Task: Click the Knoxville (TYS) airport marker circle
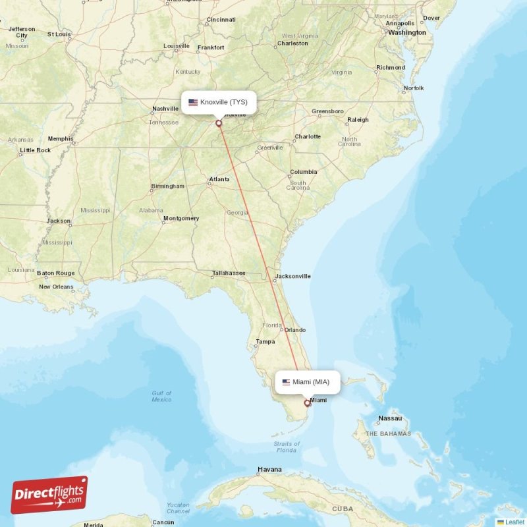coord(219,123)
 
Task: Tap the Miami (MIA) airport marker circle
coord(307,403)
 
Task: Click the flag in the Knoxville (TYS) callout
coord(193,102)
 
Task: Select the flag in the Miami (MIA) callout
coord(286,382)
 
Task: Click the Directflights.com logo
coord(49,495)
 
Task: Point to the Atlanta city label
coord(219,179)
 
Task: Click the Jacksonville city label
coord(292,276)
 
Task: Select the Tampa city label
coord(265,341)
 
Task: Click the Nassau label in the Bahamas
coord(390,418)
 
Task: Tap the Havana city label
coord(269,470)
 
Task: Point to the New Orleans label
coord(56,287)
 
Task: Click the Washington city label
coord(406,32)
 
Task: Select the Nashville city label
coord(165,109)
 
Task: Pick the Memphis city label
coord(61,139)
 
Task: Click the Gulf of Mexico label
coord(161,397)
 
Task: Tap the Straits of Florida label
coord(286,447)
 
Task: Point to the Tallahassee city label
coord(229,273)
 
